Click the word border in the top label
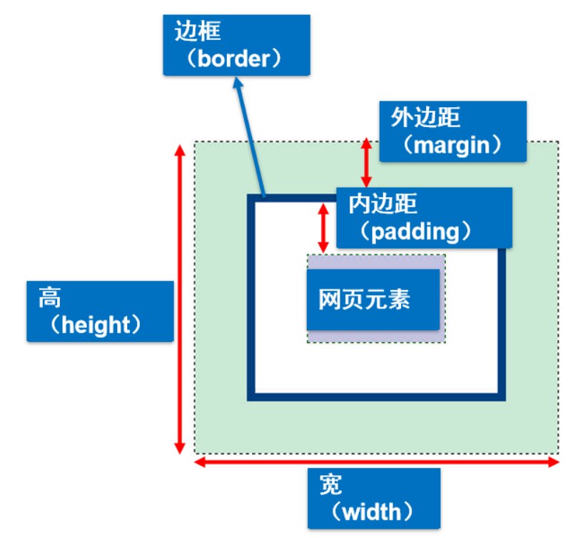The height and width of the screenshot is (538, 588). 236,58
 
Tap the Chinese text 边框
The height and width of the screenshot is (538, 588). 197,33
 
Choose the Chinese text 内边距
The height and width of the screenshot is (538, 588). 382,204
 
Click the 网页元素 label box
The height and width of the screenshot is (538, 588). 373,299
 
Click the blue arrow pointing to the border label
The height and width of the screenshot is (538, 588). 250,136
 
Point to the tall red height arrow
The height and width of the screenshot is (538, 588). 180,300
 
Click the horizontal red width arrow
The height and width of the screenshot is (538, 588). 377,462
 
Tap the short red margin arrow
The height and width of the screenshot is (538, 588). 366,163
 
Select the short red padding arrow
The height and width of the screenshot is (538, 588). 323,227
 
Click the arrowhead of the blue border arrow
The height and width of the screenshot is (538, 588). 238,84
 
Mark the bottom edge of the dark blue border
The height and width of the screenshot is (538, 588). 377,397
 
